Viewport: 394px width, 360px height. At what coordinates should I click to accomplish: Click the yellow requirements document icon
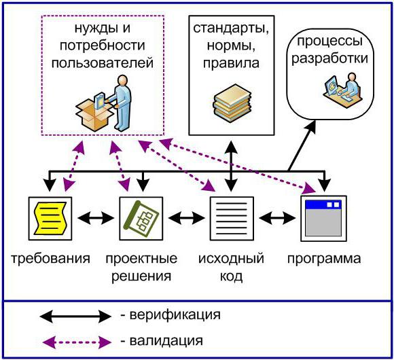50,218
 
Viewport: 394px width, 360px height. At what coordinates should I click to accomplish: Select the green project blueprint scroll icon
141,218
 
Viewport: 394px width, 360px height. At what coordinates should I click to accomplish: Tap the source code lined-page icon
232,218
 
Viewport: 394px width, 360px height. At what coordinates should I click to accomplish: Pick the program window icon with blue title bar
323,218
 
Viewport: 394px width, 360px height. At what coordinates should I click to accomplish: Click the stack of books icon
232,103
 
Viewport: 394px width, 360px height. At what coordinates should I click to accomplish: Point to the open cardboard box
94,115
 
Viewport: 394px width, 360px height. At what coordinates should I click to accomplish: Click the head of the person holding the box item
123,80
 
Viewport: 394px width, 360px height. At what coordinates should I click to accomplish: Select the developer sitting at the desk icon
344,90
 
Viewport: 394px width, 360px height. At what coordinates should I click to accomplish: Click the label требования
50,258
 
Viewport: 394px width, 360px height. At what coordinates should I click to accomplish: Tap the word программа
324,259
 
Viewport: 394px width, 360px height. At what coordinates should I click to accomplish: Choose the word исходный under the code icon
231,258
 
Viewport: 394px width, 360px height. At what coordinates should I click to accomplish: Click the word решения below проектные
141,276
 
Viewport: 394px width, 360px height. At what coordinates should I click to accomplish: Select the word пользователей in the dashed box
103,62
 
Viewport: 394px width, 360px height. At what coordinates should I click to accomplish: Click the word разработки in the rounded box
329,58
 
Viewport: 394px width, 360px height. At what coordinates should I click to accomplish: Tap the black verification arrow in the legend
75,316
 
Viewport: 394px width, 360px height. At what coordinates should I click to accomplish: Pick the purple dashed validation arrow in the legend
77,342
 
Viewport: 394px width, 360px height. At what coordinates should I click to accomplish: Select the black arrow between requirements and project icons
96,218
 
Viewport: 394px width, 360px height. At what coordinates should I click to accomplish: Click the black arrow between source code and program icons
277,218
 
